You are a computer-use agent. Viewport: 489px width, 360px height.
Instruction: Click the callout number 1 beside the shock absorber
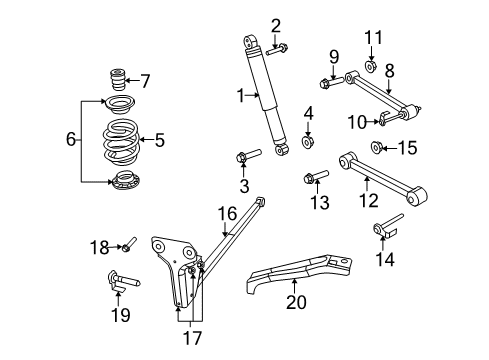241,95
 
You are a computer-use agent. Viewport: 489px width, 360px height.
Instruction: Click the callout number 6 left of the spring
70,139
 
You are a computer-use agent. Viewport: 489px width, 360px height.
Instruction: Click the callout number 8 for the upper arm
388,70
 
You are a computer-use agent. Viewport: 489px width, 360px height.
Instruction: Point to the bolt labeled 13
312,179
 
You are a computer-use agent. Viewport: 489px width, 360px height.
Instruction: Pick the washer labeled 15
377,148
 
